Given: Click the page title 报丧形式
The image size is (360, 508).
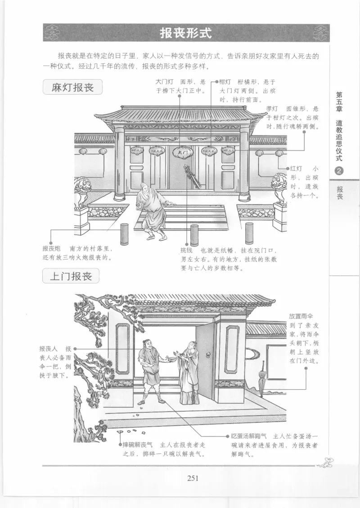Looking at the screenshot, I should click(x=185, y=33).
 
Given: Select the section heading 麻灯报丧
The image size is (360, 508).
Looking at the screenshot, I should click(x=72, y=87).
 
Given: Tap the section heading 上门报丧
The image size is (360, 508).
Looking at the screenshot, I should click(x=71, y=276).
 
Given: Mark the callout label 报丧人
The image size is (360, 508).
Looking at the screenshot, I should click(x=48, y=348).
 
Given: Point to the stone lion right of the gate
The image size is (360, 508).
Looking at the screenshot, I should click(x=280, y=188).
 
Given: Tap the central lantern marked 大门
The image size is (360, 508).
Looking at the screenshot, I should click(x=183, y=152).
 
